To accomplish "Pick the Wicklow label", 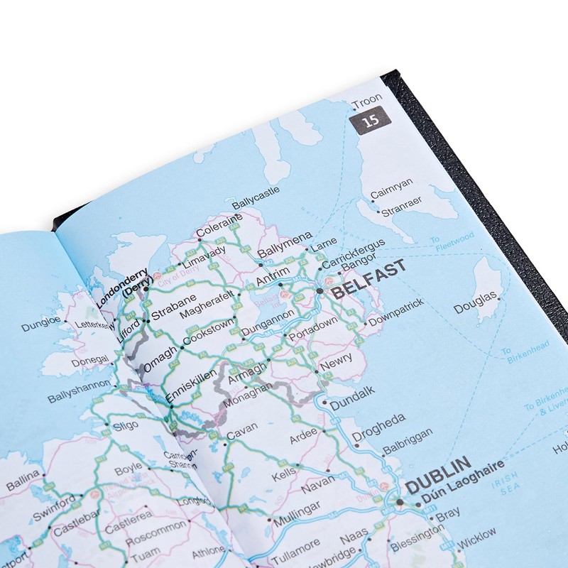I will (x=477, y=537).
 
